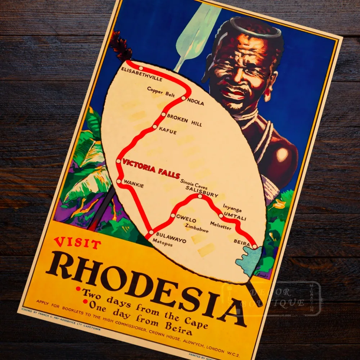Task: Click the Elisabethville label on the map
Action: pyautogui.click(x=141, y=74)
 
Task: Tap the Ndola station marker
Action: pyautogui.click(x=184, y=98)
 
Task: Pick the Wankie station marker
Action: pyautogui.click(x=119, y=181)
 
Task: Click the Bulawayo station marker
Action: pyautogui.click(x=151, y=233)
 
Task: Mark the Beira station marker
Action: pyautogui.click(x=255, y=247)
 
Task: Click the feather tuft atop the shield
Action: pyautogui.click(x=121, y=46)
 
